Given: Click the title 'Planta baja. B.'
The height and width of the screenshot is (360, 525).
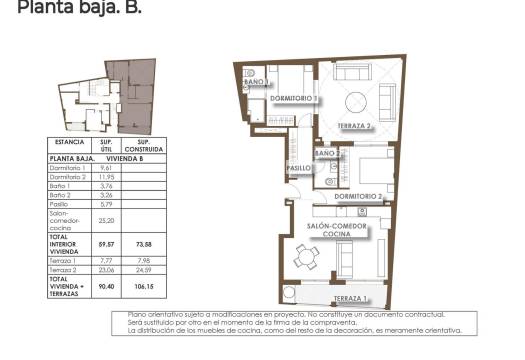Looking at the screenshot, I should [x=72, y=9].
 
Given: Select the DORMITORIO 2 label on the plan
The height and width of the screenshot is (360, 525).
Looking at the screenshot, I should [x=358, y=197].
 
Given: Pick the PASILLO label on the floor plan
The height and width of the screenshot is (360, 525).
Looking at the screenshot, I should [x=300, y=168].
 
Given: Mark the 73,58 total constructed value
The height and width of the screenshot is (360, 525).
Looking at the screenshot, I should [x=142, y=243].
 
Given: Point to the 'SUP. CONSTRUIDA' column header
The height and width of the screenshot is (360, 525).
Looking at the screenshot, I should [x=142, y=146].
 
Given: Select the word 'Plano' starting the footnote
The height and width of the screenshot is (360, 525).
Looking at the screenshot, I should [x=138, y=314].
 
